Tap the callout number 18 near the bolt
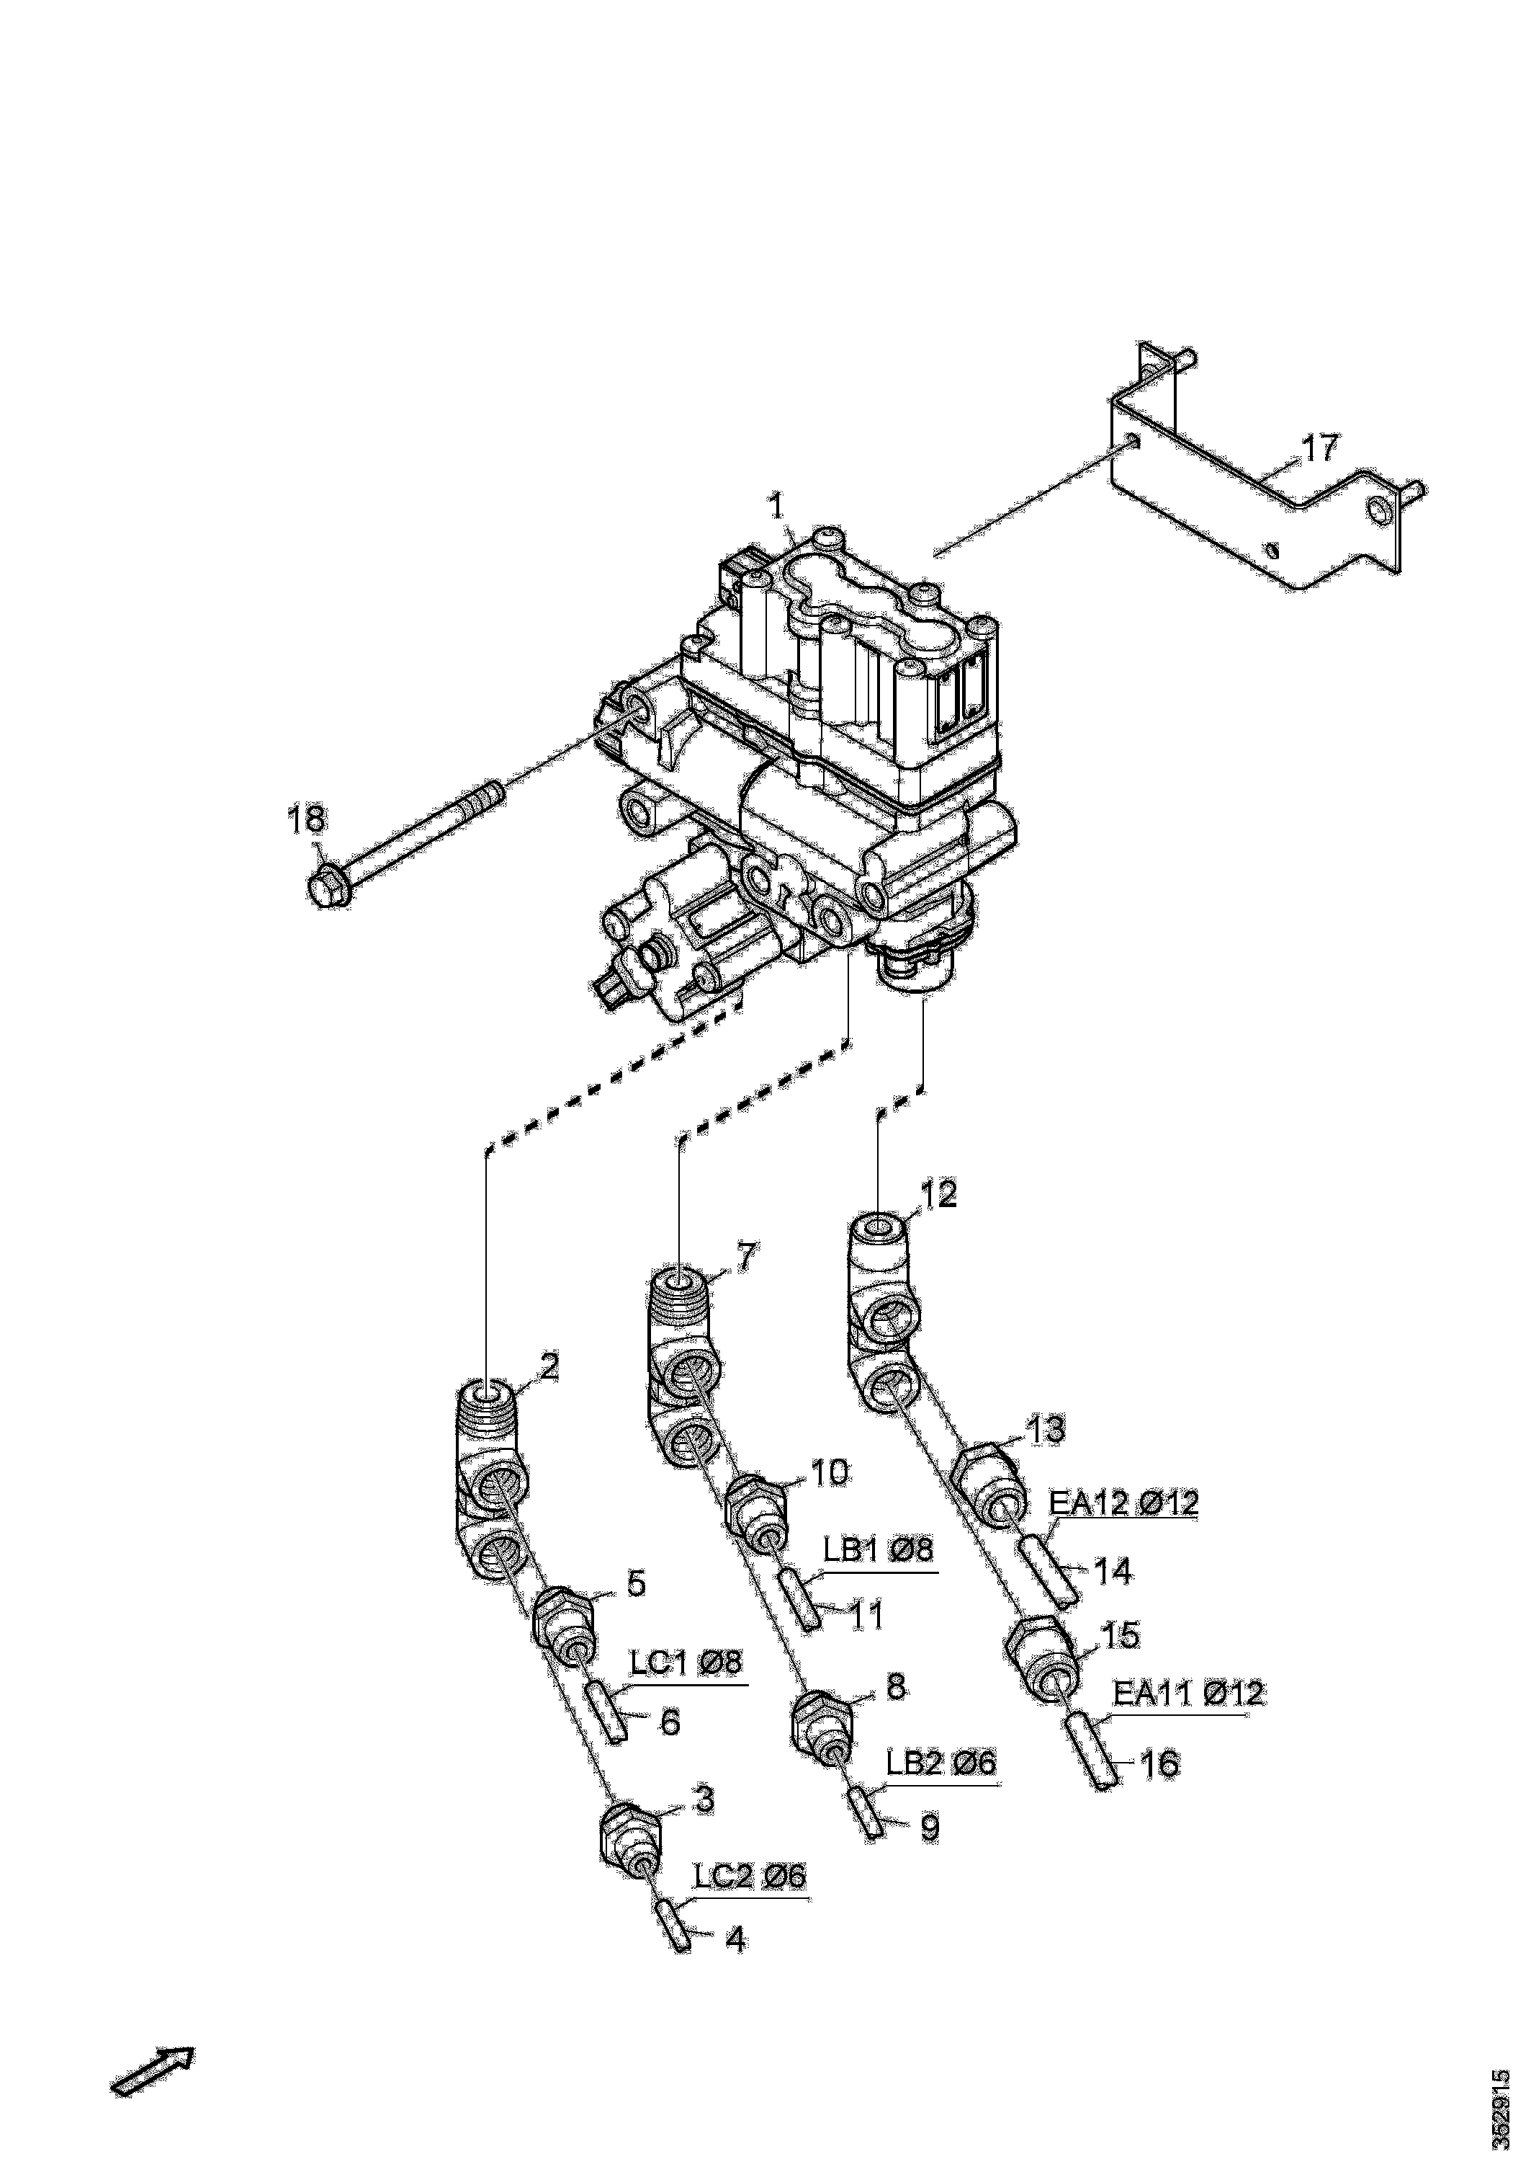(x=307, y=819)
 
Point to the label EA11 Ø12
(x=1187, y=1692)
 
